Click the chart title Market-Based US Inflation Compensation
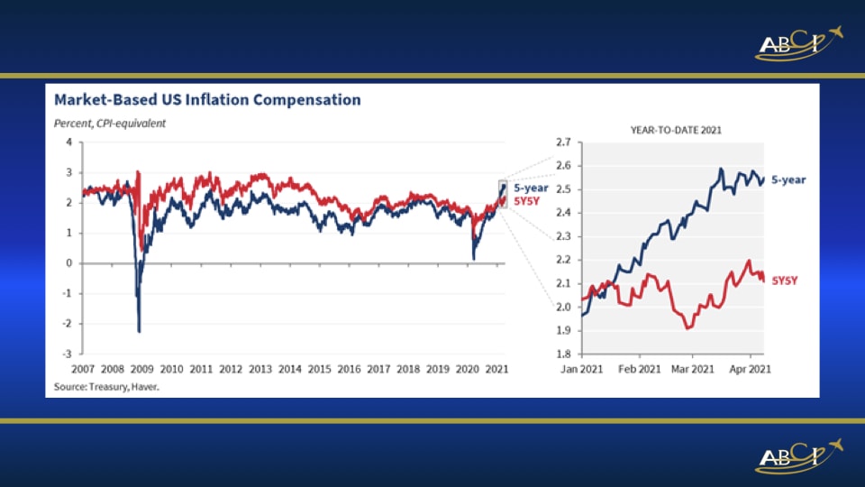207,100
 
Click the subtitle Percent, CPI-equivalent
110,123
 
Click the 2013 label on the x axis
260,369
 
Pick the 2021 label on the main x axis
497,369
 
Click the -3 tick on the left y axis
68,354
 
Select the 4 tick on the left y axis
69,143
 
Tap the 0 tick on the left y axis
69,263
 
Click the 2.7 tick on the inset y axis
564,142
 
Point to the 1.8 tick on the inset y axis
564,354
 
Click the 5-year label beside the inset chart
789,180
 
